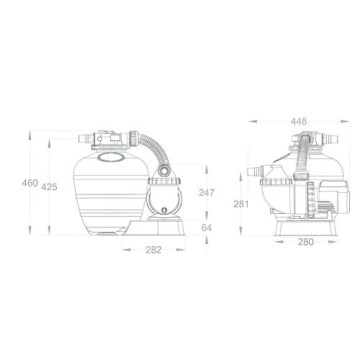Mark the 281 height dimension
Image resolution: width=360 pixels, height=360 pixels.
(242, 204)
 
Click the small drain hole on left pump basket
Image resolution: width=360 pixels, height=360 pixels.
(165, 212)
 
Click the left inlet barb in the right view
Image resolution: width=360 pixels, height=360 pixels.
(254, 171)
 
